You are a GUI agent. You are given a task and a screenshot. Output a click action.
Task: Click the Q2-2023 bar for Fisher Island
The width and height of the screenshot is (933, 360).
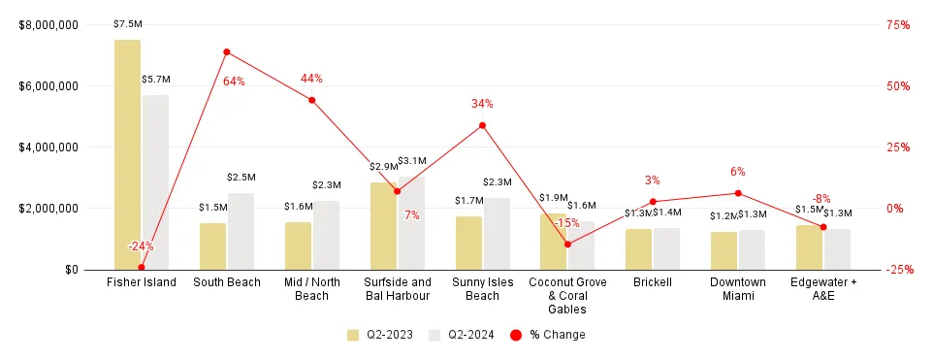[x=127, y=155]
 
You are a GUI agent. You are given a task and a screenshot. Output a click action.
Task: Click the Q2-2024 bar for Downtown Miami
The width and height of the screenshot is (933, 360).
[x=752, y=249]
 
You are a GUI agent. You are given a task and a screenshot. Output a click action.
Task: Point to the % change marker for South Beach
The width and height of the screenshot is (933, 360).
[x=226, y=51]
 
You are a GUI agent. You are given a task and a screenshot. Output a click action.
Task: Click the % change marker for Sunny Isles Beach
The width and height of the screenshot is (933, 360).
[x=482, y=125]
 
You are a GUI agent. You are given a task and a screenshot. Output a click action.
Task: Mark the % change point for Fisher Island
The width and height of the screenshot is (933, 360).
[x=141, y=268]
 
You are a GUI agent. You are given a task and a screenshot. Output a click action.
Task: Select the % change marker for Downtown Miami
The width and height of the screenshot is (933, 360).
[x=738, y=193]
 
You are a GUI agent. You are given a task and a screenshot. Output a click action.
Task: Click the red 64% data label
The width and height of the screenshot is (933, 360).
[x=234, y=82]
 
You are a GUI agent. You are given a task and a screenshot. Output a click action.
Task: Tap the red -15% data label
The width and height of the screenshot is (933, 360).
[x=566, y=223]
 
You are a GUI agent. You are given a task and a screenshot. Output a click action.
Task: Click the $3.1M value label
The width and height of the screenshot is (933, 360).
[x=412, y=160]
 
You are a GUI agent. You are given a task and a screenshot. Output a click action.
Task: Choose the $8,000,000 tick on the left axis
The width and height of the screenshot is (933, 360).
[x=48, y=25]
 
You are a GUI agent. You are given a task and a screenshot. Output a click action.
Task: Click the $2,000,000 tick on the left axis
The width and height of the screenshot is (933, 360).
[x=48, y=209]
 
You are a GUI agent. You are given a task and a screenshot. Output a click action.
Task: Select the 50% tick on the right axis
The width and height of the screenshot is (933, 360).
[x=899, y=86]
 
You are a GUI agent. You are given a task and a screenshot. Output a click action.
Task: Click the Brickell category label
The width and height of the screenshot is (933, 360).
[x=653, y=282]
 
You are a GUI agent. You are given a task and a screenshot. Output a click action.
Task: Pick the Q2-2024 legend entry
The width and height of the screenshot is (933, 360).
[x=463, y=335]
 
